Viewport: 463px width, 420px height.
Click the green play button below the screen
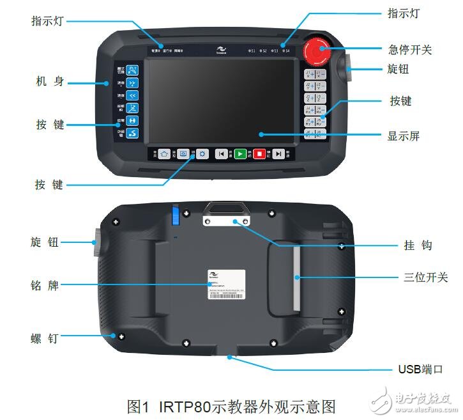click(239, 153)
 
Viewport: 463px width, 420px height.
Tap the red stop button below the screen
click(259, 153)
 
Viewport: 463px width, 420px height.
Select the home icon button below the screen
click(164, 153)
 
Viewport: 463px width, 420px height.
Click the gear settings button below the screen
click(202, 153)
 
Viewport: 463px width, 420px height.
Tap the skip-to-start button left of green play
click(221, 153)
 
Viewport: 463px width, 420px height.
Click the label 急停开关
click(410, 49)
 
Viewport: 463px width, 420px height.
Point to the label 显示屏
click(403, 136)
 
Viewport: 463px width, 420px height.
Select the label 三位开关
click(425, 277)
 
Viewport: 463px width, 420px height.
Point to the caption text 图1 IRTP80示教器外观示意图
click(231, 406)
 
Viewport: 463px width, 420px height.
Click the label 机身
click(50, 82)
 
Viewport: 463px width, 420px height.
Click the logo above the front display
click(220, 49)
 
